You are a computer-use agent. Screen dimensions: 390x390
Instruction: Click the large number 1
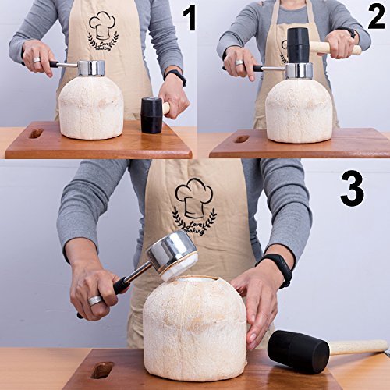click(188, 18)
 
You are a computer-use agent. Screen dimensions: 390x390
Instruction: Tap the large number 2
click(376, 17)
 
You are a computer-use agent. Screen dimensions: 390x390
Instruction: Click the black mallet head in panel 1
click(151, 115)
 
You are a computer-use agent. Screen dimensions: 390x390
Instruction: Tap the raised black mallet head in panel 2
click(298, 44)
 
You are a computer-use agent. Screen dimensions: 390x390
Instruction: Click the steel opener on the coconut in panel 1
click(92, 69)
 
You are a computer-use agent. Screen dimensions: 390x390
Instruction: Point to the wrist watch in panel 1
click(176, 76)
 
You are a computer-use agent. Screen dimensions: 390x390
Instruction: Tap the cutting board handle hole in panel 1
click(36, 133)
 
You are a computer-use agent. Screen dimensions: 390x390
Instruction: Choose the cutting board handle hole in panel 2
click(242, 138)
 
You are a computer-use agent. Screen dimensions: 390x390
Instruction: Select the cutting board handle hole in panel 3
click(101, 370)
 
